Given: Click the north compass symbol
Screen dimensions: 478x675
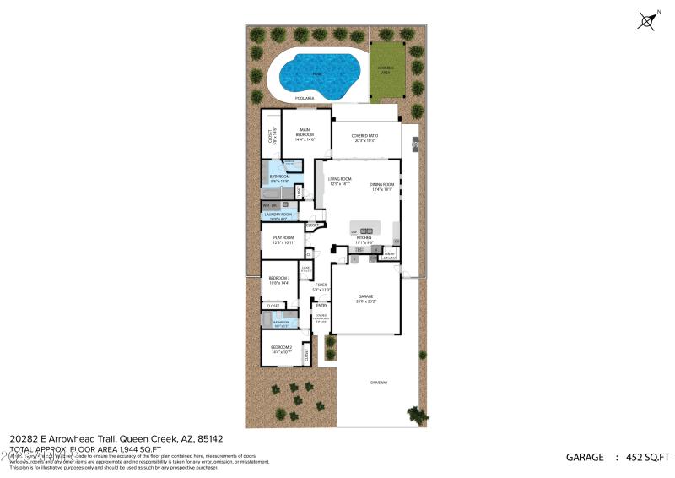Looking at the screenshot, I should pyautogui.click(x=650, y=20).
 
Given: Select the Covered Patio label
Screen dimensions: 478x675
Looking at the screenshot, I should pyautogui.click(x=364, y=135).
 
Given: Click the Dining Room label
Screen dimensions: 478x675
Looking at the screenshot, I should pyautogui.click(x=383, y=186).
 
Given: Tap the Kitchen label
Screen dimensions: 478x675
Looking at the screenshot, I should pyautogui.click(x=364, y=239).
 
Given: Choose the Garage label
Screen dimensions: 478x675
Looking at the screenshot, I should pyautogui.click(x=366, y=297).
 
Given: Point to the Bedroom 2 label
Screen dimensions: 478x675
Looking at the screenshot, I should pyautogui.click(x=281, y=348).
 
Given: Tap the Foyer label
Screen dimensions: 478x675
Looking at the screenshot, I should pyautogui.click(x=321, y=285).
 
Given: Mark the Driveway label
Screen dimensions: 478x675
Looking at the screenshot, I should pyautogui.click(x=378, y=383).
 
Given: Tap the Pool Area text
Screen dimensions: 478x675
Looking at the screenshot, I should pyautogui.click(x=305, y=99).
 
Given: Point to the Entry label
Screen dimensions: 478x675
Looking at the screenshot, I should pyautogui.click(x=321, y=305).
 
